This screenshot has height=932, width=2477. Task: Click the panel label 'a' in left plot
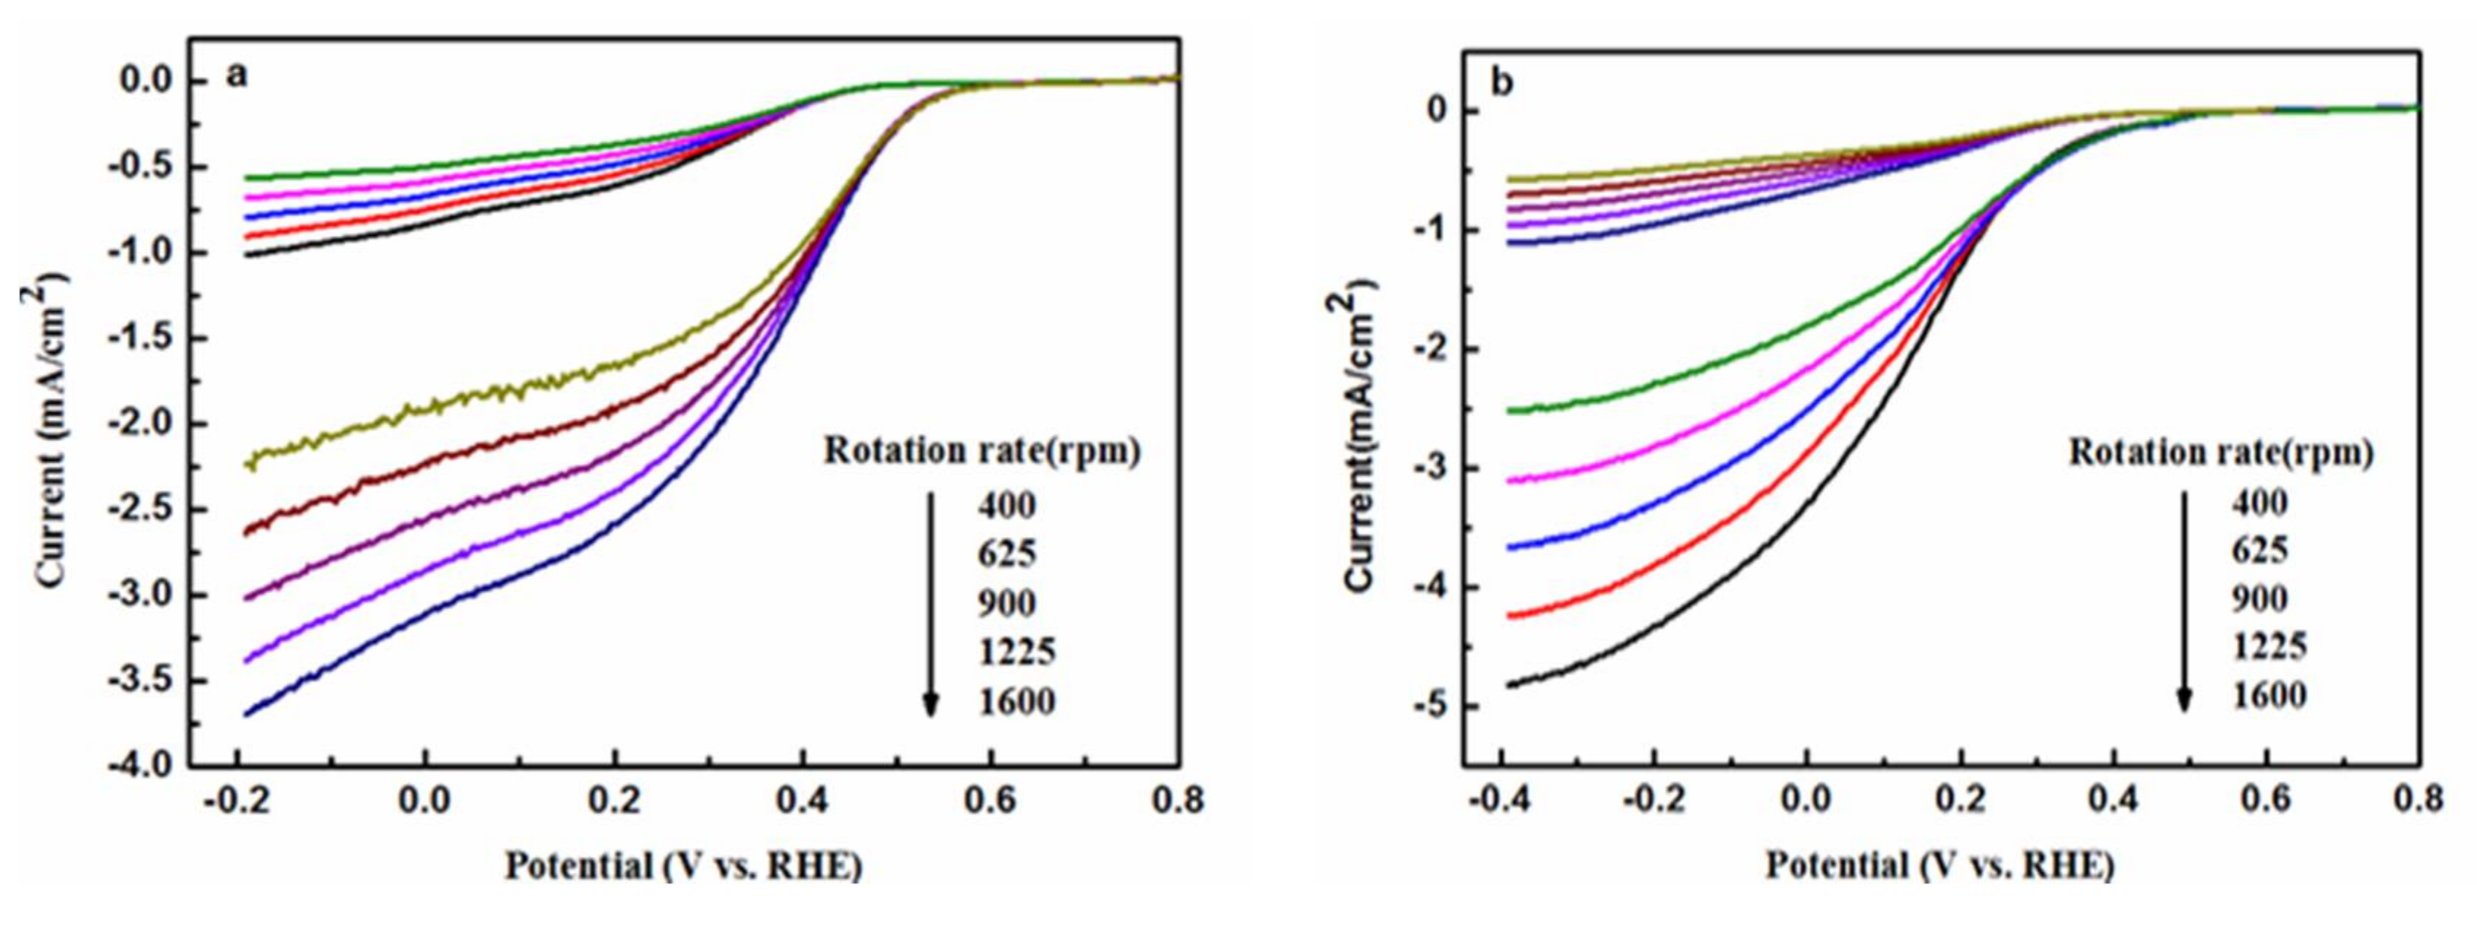click(236, 76)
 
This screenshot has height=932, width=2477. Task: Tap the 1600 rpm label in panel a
click(1016, 701)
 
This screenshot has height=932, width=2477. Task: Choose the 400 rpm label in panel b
click(2259, 501)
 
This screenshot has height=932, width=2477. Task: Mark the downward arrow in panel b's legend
click(2184, 601)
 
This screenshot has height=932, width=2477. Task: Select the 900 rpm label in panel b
click(2259, 598)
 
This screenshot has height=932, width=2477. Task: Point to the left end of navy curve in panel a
click(247, 714)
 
